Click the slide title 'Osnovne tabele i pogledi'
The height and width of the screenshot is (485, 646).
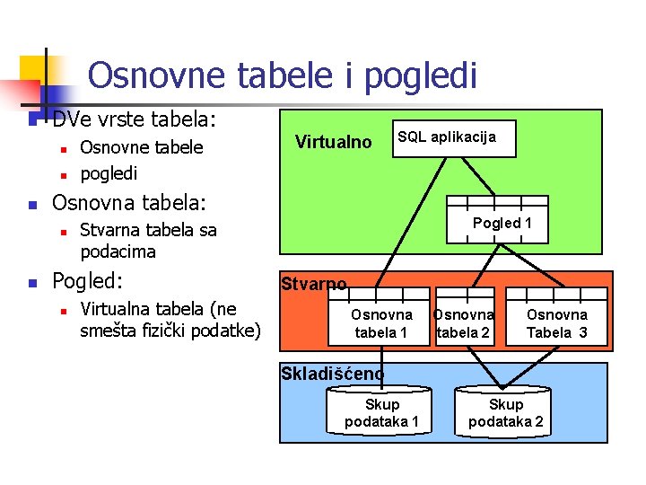tap(282, 75)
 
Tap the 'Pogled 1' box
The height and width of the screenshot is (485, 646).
tap(502, 223)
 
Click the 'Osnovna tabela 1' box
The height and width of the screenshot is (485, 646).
tap(381, 322)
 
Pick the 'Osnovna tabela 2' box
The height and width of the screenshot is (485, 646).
tap(463, 322)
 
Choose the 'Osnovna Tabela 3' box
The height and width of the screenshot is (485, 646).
tap(556, 322)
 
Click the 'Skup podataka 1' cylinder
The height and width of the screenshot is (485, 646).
tap(381, 412)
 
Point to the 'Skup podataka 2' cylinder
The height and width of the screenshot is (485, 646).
tap(505, 412)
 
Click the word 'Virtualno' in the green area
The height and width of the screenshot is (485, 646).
tap(334, 141)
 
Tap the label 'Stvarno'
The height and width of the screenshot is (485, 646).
tap(313, 285)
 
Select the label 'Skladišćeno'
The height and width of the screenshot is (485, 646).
tap(332, 373)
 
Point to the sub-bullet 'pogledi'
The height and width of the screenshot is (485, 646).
tap(109, 172)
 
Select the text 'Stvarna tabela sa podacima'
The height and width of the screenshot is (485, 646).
tap(148, 241)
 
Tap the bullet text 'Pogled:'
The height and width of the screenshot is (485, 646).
tap(87, 281)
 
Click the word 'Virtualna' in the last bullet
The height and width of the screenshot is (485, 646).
tap(118, 311)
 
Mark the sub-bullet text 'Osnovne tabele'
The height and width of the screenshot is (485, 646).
tap(142, 147)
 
